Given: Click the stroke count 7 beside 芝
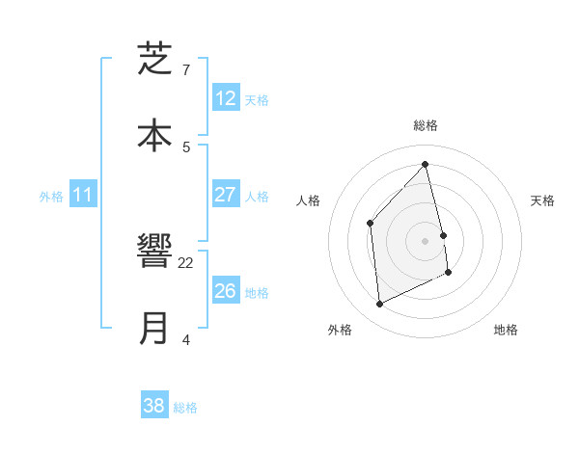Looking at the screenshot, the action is (x=186, y=70).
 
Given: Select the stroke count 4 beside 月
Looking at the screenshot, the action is (x=186, y=339).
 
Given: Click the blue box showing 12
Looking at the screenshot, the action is (x=225, y=98).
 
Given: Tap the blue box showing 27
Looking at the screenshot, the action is (x=225, y=195).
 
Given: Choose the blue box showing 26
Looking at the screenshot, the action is (x=225, y=291).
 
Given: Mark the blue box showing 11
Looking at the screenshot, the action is (x=82, y=195).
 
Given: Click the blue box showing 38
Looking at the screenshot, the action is (x=154, y=406).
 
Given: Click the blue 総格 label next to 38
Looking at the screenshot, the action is (x=185, y=407).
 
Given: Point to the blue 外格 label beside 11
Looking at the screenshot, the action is (x=51, y=196).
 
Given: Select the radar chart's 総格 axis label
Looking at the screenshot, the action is (x=426, y=125).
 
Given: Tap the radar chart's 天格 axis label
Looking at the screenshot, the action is (x=543, y=200).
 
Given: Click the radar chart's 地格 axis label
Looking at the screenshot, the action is (x=506, y=330).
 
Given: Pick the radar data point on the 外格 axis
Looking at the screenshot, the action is (x=379, y=305).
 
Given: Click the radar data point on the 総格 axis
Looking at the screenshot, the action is (x=426, y=164).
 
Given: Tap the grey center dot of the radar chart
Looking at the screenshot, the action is (x=426, y=241).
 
